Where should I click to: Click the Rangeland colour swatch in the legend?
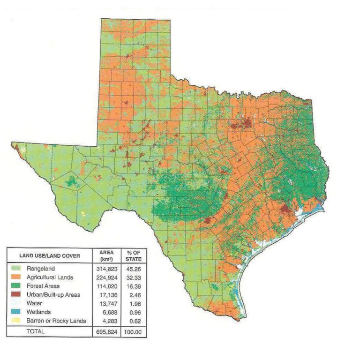click(x=15, y=269)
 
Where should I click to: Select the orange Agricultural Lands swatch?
click(x=15, y=277)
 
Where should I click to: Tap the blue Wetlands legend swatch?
click(x=15, y=312)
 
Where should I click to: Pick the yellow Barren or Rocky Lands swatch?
click(x=15, y=321)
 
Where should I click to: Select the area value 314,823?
click(x=105, y=269)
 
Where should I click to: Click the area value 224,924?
click(x=105, y=277)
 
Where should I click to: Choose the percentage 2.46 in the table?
click(x=134, y=294)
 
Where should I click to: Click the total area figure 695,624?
click(x=105, y=331)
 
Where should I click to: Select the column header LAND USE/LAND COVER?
click(x=49, y=255)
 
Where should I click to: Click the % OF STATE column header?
click(x=134, y=255)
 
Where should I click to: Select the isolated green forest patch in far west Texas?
click(x=72, y=181)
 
